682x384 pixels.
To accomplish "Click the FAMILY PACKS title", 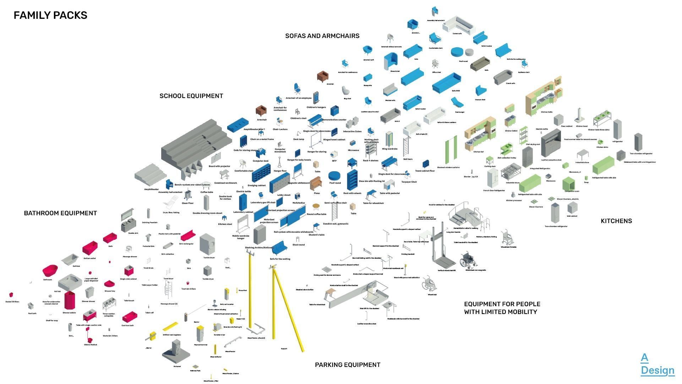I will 50,15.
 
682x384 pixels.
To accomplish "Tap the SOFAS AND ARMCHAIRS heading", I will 322,36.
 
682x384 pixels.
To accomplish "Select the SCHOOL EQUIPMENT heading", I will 191,96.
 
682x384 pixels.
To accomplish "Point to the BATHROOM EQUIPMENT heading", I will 60,213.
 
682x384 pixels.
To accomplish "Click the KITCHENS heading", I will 616,221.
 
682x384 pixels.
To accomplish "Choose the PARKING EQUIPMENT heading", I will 347,365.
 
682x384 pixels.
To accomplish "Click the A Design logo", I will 657,364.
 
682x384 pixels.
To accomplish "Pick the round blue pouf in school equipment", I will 334,176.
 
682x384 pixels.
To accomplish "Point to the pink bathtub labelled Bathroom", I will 50,271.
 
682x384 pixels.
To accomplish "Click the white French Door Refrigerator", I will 493,179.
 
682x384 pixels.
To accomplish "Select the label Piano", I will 316,193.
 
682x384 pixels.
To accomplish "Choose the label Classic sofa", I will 510,83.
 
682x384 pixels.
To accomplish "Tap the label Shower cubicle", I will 69,313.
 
